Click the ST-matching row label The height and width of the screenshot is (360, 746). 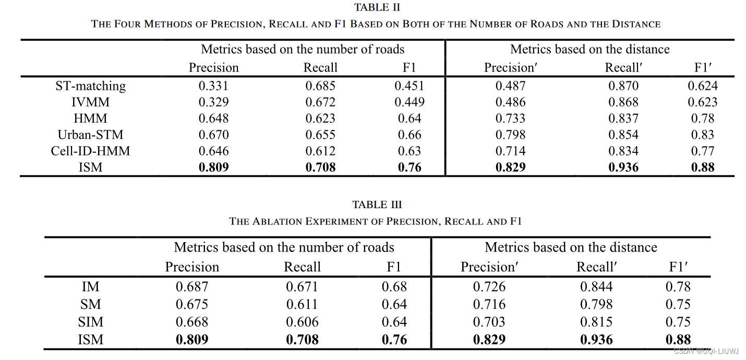(90, 86)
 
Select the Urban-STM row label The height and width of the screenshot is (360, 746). (90, 135)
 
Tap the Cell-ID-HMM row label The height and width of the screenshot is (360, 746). (90, 151)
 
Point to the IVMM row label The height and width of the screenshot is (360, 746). (90, 102)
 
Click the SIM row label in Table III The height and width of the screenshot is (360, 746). (90, 322)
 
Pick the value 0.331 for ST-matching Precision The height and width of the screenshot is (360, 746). (213, 86)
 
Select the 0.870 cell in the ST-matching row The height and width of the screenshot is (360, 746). (623, 86)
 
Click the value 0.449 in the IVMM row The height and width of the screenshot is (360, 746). (410, 102)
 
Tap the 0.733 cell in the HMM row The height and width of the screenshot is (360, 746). (510, 118)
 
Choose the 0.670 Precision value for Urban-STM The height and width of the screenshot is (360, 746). (213, 135)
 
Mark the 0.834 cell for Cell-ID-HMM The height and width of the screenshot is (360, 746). (623, 151)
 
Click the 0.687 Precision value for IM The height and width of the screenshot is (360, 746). (192, 286)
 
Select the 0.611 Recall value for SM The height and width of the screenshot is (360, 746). (302, 304)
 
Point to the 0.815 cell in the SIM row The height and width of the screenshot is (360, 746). (596, 322)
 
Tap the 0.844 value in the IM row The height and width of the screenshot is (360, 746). (596, 286)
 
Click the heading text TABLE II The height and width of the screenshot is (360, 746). (377, 7)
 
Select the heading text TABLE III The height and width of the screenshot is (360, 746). (377, 205)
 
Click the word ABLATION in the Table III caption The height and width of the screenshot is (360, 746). (278, 221)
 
